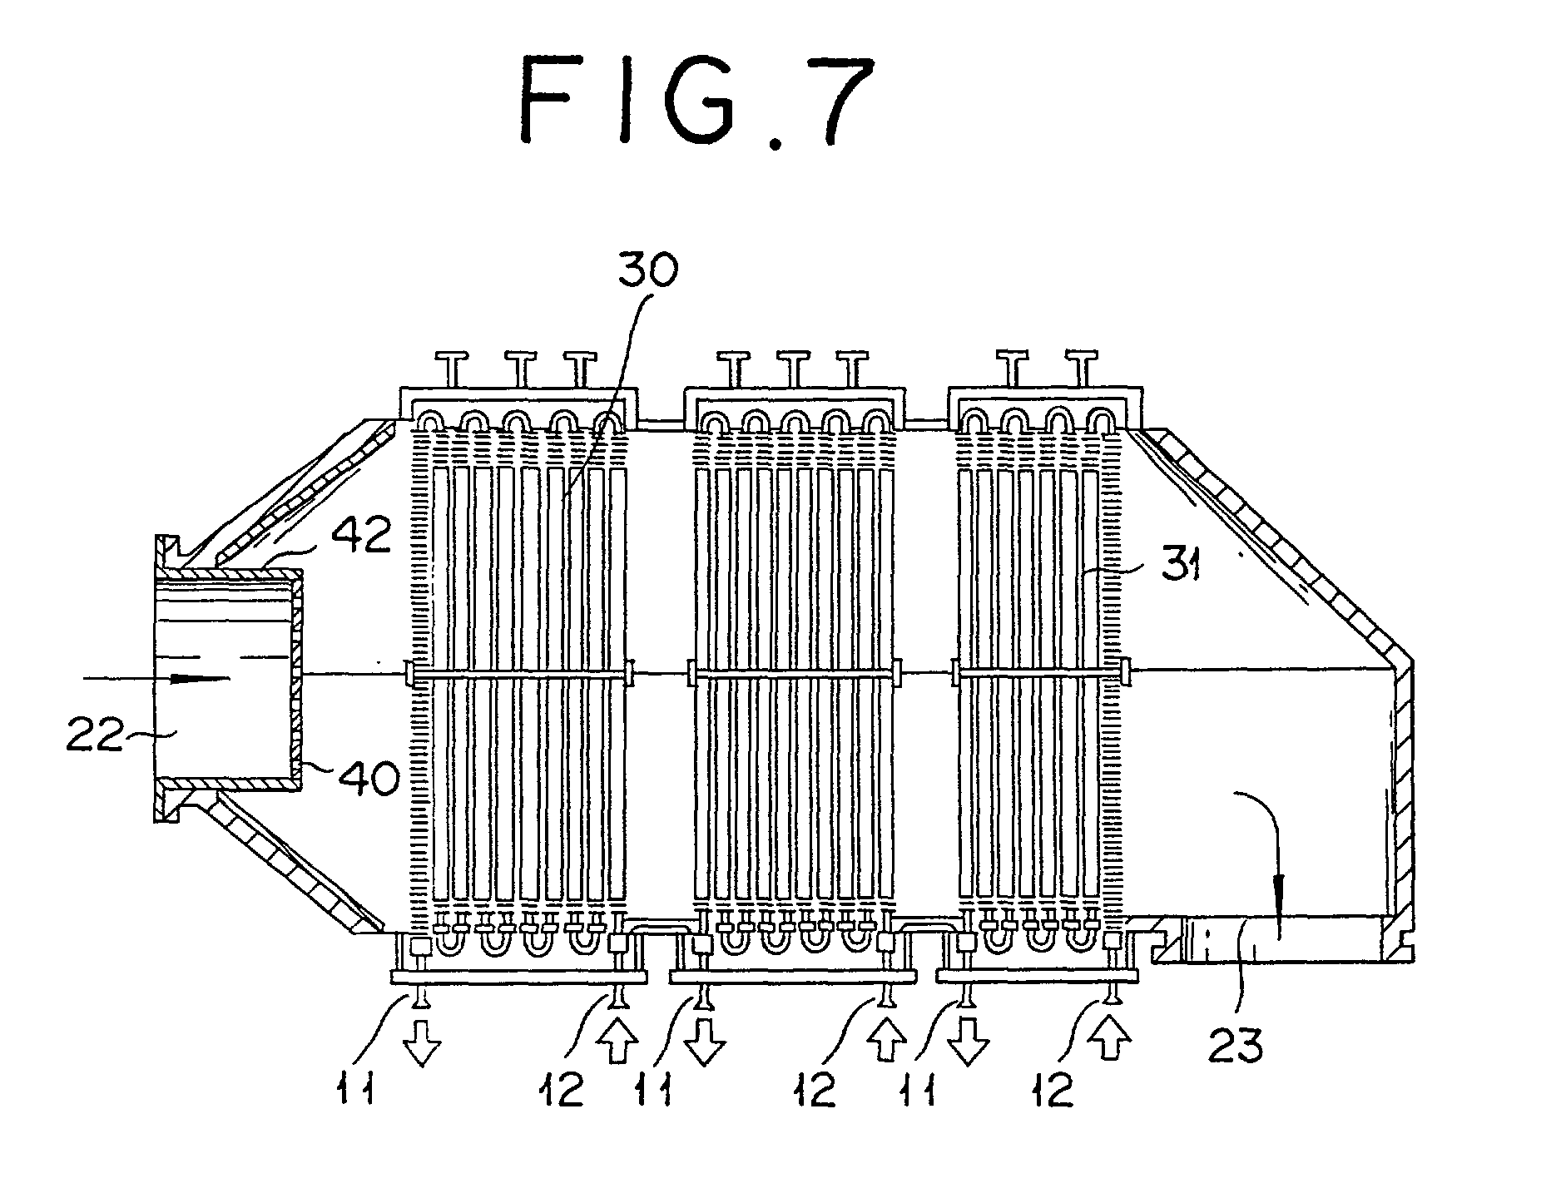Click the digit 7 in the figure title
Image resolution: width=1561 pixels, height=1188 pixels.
click(817, 102)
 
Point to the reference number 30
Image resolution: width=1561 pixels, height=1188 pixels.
click(648, 272)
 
